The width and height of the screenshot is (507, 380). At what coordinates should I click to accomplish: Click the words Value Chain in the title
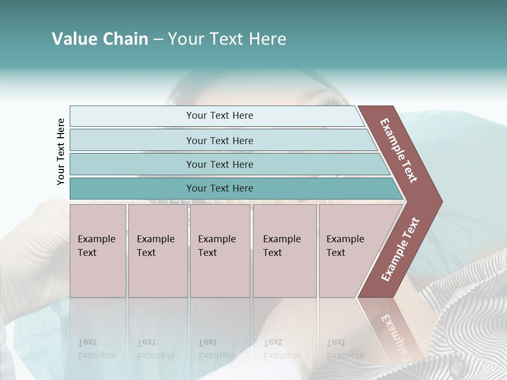(100, 39)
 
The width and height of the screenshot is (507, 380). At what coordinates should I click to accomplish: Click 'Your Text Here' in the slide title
(227, 39)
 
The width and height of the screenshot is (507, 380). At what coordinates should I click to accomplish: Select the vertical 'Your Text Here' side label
(61, 151)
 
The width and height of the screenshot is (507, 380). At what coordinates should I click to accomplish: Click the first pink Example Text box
(98, 251)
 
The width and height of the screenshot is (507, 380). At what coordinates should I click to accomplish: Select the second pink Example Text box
(157, 251)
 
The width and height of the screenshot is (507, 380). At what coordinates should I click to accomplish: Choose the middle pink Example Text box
(220, 251)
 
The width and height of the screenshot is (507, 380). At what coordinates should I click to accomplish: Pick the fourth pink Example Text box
(284, 251)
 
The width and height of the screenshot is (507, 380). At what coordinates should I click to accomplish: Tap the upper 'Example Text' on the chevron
(399, 150)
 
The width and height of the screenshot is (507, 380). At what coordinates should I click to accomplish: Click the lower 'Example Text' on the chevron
(400, 250)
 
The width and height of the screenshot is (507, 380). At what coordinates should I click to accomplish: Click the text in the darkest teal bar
(220, 188)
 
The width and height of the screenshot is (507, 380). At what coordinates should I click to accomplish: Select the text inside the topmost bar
(220, 116)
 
